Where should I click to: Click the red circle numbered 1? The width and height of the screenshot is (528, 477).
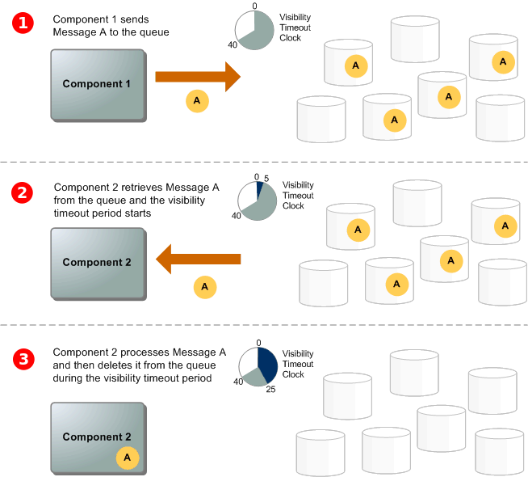(23, 23)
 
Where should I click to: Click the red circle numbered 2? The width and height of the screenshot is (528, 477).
(23, 193)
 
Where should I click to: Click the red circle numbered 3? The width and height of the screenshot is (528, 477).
(23, 358)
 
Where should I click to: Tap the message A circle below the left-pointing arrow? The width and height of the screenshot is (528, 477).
(204, 286)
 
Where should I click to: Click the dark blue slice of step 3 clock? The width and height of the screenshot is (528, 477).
(268, 362)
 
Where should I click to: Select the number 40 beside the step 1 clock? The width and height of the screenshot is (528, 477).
(232, 45)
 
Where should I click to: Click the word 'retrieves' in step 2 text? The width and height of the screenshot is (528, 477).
(143, 188)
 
